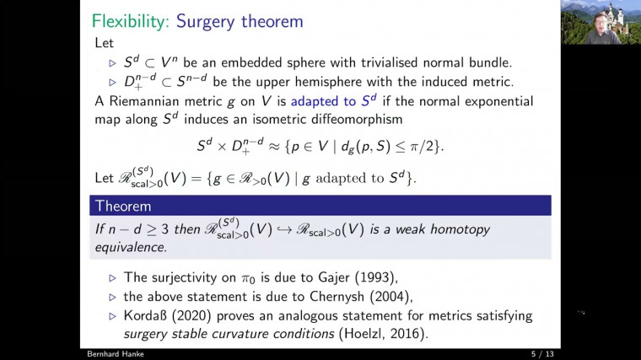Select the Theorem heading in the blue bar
[x=123, y=206]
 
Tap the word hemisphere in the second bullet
[x=327, y=82]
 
